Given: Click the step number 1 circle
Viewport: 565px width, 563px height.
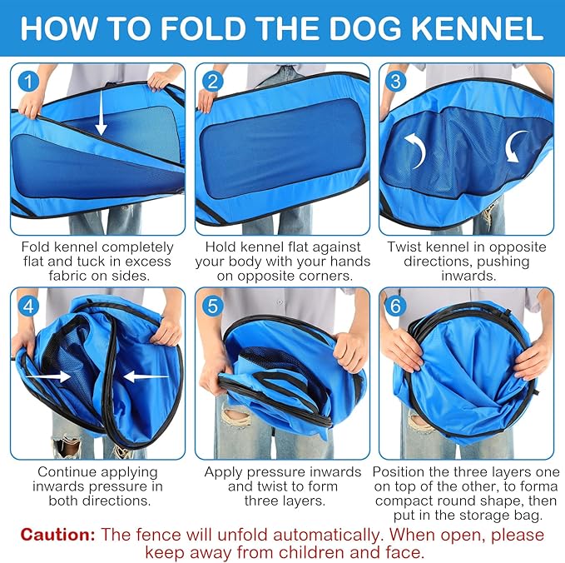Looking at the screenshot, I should coord(30,82).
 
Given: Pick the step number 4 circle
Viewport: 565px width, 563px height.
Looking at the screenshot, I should coord(30,306).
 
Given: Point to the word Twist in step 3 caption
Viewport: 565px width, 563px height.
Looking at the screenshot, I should coord(405,247).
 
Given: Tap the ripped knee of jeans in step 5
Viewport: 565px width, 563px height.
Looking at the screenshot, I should coord(236,416).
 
